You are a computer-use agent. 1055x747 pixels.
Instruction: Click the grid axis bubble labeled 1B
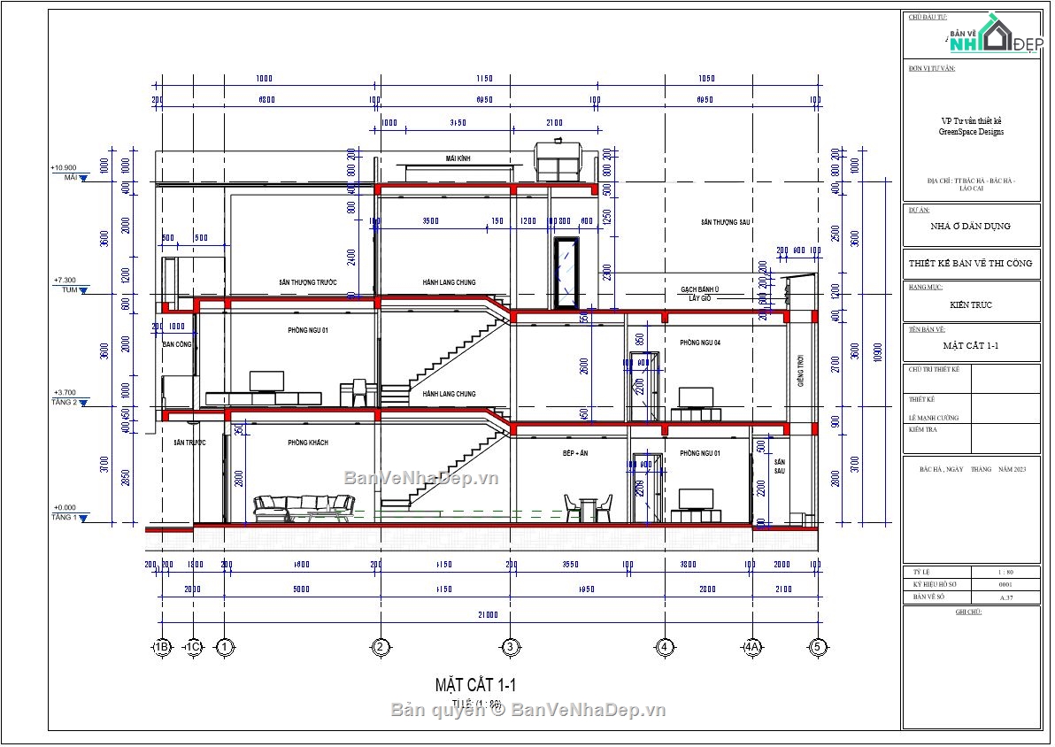162,648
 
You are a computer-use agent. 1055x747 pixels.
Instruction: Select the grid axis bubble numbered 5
818,648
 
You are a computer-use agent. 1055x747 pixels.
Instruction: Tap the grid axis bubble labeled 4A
752,648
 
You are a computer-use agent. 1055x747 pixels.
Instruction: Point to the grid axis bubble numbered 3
510,648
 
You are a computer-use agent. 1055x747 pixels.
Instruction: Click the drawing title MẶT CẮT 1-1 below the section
474,684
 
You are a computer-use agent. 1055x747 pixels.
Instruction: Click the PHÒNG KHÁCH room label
308,443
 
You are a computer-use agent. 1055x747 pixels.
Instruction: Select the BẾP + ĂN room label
575,452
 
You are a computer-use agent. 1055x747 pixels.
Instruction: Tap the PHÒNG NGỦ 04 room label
700,343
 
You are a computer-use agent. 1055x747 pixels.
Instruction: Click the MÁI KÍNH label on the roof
458,158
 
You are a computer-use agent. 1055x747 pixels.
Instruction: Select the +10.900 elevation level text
64,167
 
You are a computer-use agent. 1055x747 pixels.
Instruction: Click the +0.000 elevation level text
64,508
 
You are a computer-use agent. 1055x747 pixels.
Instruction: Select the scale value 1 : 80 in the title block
1005,573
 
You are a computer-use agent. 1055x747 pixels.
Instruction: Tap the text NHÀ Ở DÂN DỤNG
971,226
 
